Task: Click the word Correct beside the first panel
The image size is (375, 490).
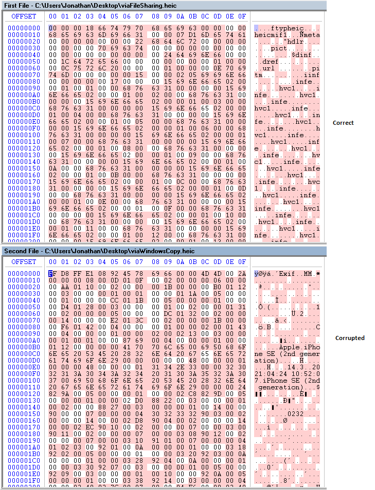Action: point(343,123)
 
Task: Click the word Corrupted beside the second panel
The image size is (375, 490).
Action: point(350,338)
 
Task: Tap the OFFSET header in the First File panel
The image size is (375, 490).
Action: point(24,16)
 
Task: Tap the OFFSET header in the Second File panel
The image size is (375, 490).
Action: point(24,262)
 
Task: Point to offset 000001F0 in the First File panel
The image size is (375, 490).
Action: point(24,235)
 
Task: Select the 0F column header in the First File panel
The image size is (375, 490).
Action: point(241,16)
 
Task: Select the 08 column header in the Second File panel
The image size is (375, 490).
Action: point(154,262)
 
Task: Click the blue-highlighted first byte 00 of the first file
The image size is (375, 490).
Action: point(52,28)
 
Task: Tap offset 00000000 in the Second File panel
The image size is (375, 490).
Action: point(24,274)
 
